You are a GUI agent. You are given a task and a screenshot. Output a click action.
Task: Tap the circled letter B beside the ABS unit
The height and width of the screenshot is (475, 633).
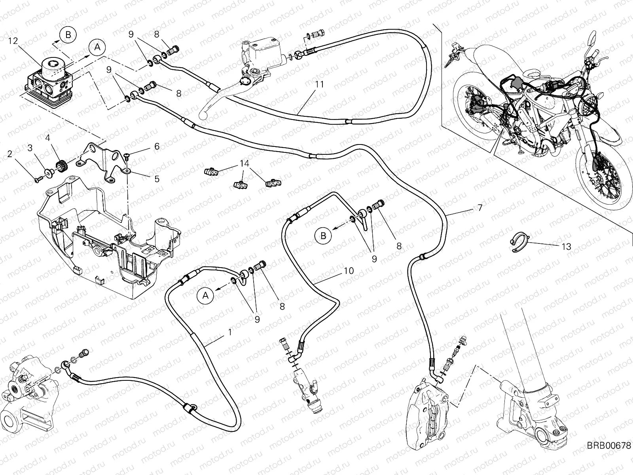(x=68, y=35)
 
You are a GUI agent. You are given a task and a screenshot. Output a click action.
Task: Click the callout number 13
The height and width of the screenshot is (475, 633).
(x=567, y=247)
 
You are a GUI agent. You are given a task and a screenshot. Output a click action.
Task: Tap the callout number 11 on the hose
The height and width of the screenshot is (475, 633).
(x=320, y=84)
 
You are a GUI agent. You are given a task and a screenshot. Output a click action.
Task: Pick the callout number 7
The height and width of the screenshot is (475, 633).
(x=480, y=207)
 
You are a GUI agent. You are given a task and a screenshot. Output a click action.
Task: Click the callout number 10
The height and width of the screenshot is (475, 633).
(x=349, y=271)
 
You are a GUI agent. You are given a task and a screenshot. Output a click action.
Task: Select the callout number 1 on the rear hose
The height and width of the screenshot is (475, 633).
(x=230, y=333)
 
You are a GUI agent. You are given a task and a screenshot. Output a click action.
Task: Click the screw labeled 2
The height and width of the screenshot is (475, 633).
(x=37, y=180)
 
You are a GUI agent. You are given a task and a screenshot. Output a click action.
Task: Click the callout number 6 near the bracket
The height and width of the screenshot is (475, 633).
(x=157, y=146)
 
